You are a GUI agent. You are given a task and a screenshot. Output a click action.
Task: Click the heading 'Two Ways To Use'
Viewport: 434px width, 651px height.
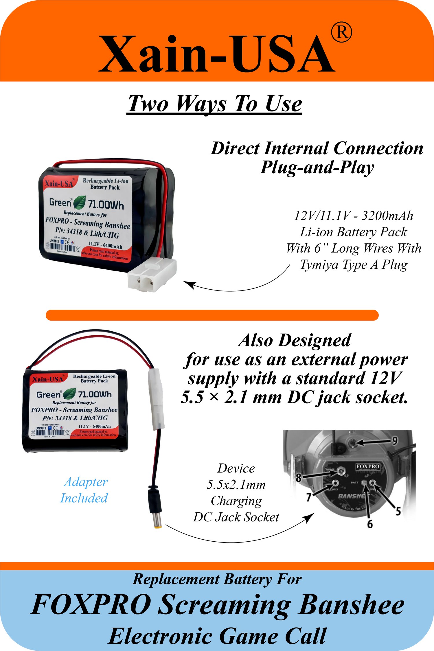pos(214,104)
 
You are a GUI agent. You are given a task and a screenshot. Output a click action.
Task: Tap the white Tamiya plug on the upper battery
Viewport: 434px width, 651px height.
pos(152,274)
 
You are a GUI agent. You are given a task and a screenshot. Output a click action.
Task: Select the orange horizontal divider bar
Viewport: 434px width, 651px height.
pos(212,315)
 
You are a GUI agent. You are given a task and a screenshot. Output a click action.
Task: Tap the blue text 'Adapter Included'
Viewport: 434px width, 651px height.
pos(84,490)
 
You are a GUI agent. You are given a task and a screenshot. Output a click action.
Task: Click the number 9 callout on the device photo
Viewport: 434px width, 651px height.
pos(395,441)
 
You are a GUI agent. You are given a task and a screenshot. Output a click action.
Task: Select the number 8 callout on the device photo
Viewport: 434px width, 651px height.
pos(299,477)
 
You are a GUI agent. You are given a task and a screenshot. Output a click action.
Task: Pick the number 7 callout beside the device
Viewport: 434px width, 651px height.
pos(309,497)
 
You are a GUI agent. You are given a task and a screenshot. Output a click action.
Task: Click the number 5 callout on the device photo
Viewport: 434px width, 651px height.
pos(398,511)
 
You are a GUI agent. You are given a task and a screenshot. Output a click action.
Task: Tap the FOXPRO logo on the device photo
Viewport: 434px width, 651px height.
pos(368,466)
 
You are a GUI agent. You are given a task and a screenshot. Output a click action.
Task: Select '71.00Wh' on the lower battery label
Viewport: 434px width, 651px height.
pos(95,394)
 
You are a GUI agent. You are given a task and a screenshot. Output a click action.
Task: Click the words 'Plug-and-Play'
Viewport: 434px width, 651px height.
pos(317,168)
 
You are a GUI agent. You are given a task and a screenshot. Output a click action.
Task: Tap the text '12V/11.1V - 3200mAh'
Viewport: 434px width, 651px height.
pos(354,216)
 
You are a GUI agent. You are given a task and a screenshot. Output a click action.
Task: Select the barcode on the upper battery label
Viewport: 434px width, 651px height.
pos(62,247)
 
